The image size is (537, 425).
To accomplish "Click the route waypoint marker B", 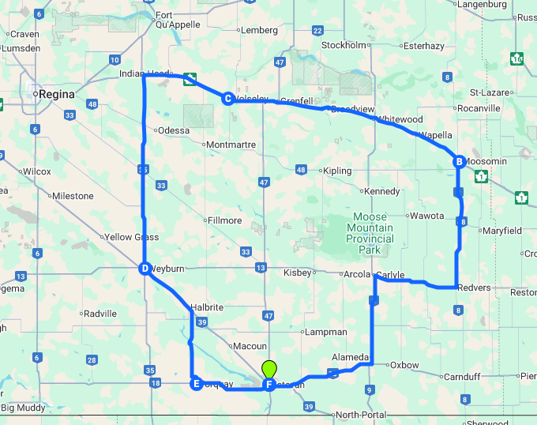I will (458, 162).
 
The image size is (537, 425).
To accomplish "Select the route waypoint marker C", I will (227, 99).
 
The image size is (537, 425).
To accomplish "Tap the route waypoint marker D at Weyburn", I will (145, 269).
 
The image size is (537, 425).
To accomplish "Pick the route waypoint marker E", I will (196, 385).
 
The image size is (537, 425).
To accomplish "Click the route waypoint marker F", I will (269, 385).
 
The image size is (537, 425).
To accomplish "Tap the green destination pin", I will (269, 369).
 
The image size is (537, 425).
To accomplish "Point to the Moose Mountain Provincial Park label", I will (370, 233).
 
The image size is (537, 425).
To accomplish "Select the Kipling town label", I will (337, 170).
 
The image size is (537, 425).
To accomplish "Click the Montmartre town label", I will (231, 145).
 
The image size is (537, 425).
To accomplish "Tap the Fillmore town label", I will (224, 220).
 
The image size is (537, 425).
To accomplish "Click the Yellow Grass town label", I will (131, 237).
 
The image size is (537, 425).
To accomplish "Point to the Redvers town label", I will (474, 288).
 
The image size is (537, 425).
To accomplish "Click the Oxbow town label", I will (404, 365).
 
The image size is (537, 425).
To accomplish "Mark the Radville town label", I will (100, 314).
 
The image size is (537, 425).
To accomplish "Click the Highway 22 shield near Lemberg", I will (317, 31).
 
